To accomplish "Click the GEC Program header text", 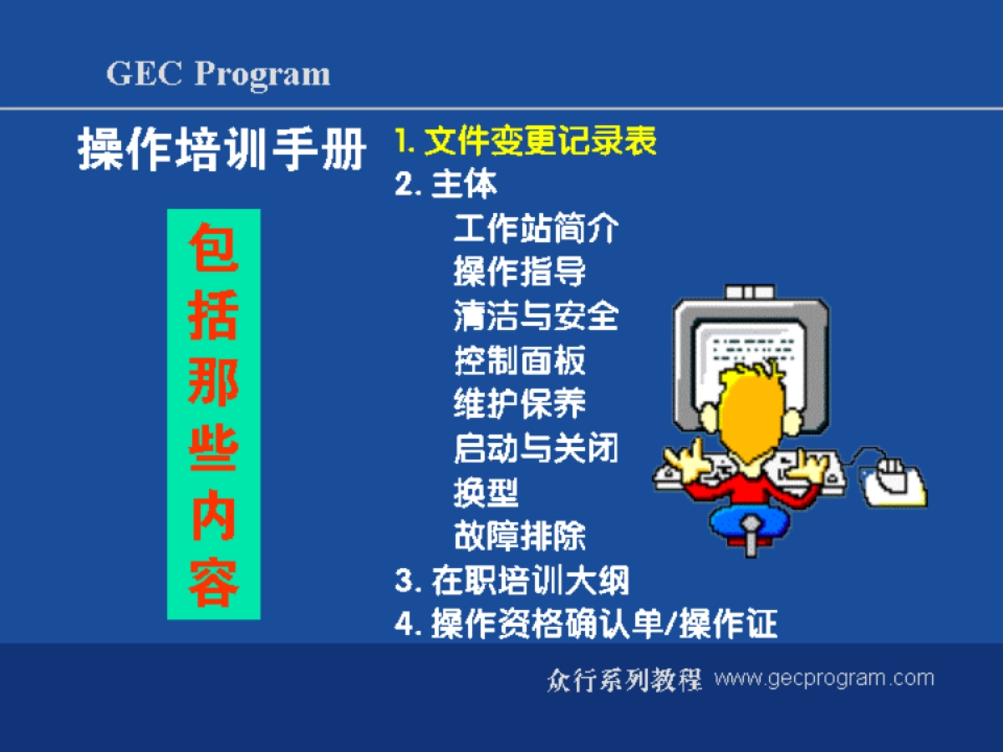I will [x=218, y=74].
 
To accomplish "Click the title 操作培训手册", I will [x=222, y=150].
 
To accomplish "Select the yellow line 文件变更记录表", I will [x=527, y=141].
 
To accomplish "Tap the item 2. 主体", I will [x=445, y=184].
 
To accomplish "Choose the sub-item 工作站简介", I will [x=536, y=228].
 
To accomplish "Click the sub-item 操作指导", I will [x=519, y=272].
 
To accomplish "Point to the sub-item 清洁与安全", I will [x=536, y=317].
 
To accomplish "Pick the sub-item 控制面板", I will [x=519, y=360].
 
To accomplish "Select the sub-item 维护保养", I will [x=519, y=404].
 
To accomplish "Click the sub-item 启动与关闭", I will [x=536, y=449].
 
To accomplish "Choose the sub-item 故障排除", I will [x=519, y=536].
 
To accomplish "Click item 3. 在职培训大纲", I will [x=512, y=580].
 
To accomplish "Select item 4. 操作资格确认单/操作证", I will [x=586, y=624].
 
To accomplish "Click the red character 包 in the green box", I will [x=214, y=247].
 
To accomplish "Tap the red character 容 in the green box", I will [x=214, y=584].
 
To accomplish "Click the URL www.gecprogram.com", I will [x=823, y=678].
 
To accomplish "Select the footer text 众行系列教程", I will [x=624, y=678].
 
